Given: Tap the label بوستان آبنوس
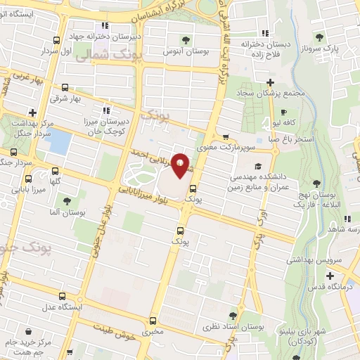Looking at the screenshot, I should (x=184, y=51).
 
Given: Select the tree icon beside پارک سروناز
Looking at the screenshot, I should (x=320, y=37).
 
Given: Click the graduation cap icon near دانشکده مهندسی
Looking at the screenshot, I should (x=257, y=166).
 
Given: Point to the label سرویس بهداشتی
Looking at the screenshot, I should (x=330, y=259).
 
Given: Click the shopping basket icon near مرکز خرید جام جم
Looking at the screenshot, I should (x=27, y=330).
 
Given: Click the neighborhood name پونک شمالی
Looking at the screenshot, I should (x=117, y=58).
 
